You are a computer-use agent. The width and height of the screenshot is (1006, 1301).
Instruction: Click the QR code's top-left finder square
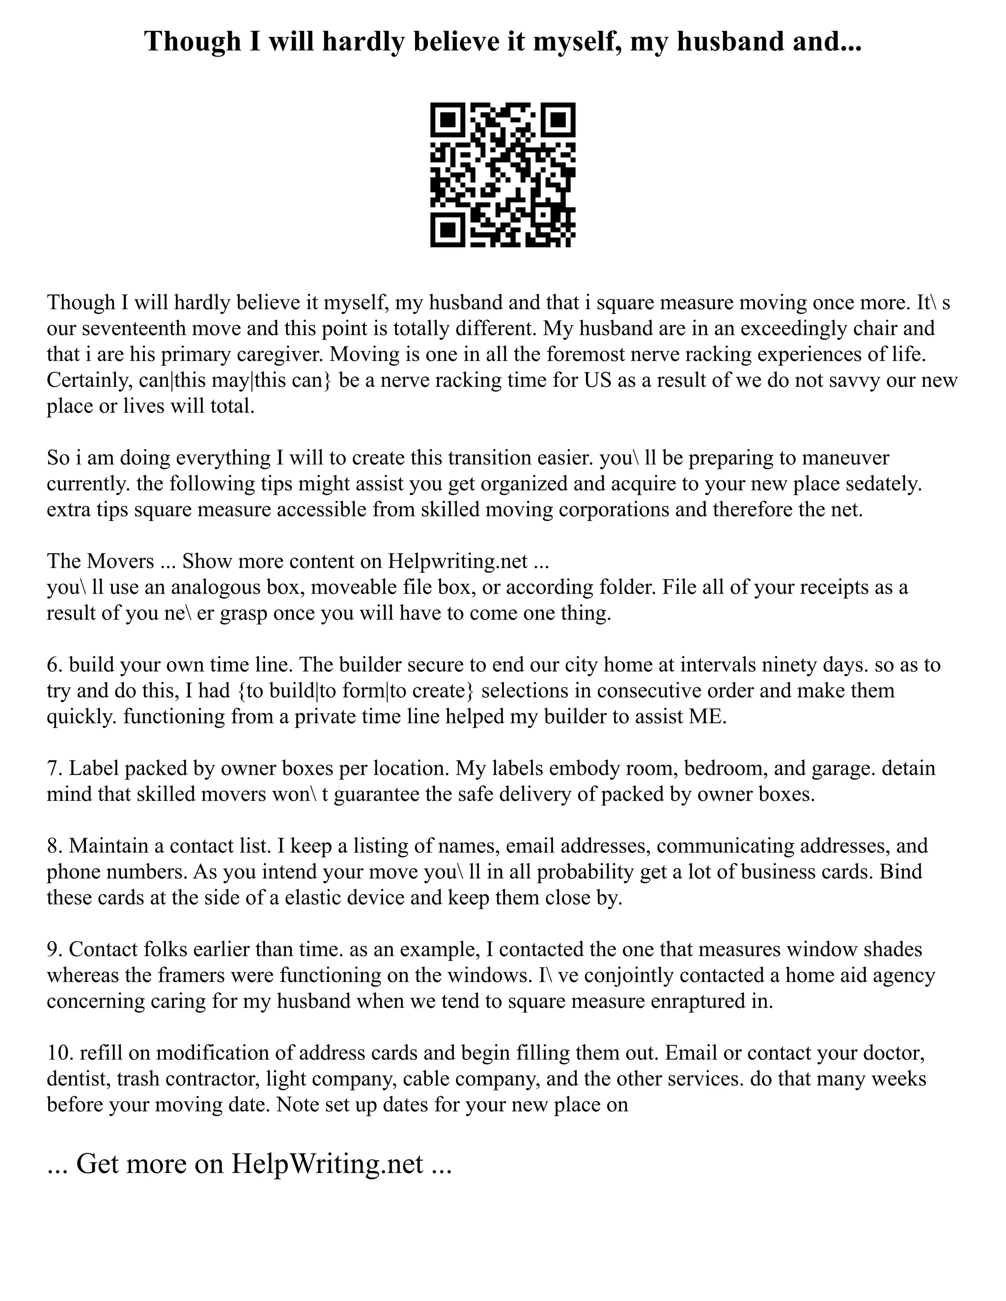447,120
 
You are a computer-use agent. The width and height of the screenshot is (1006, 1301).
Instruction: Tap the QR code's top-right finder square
559,120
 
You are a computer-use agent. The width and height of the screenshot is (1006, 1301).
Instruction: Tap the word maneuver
846,458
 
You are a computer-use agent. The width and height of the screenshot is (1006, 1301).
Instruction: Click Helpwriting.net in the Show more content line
458,561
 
